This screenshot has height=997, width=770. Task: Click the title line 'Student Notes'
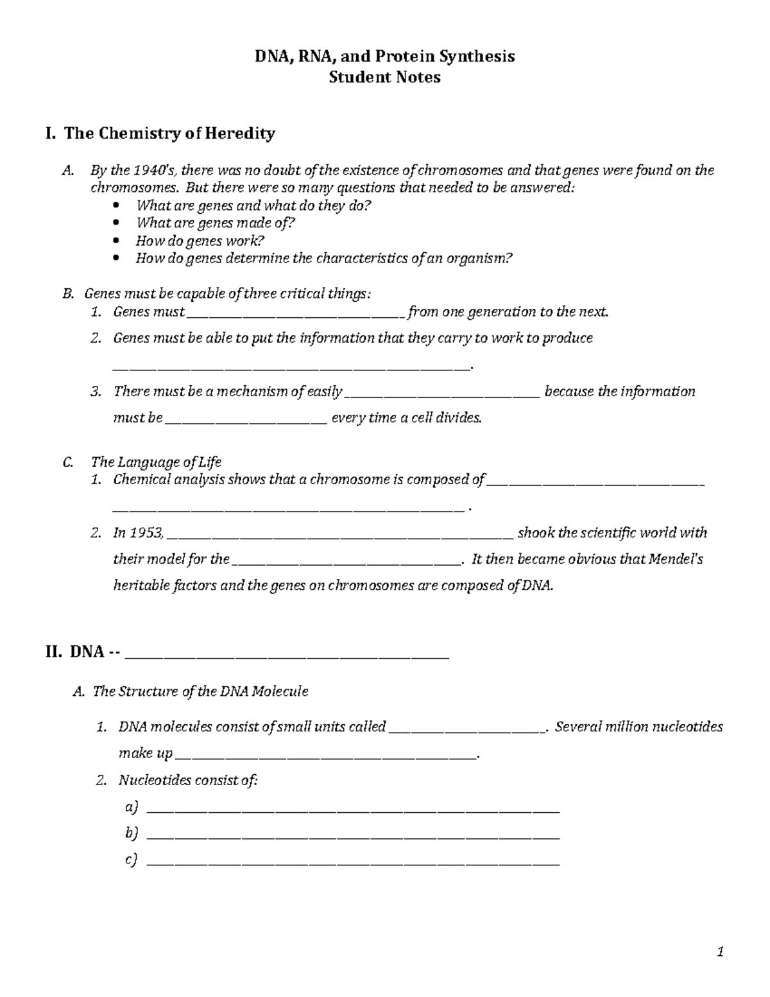click(x=384, y=78)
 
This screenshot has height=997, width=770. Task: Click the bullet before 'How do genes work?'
click(x=116, y=241)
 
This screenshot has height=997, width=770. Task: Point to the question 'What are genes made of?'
click(x=216, y=223)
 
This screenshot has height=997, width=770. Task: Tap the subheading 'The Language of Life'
click(x=156, y=462)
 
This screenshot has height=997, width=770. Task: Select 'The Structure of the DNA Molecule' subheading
click(x=200, y=691)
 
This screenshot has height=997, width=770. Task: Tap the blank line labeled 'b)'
click(x=354, y=837)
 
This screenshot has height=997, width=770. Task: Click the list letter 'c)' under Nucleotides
click(x=132, y=860)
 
